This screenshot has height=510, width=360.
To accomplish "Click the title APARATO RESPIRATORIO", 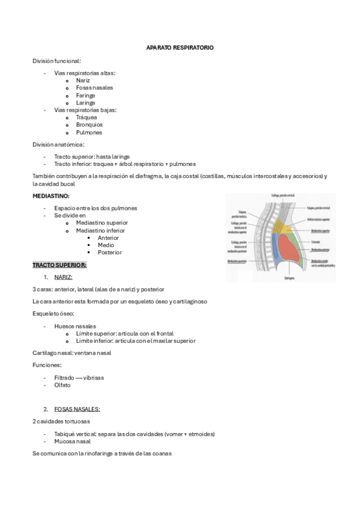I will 180,47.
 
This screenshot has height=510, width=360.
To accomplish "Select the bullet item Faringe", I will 85,95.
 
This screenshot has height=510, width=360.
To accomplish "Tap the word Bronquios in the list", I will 90,124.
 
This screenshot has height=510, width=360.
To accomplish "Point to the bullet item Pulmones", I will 89,132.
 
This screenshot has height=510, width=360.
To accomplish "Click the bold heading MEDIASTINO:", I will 51,196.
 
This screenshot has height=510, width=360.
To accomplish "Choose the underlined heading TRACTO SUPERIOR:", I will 59,265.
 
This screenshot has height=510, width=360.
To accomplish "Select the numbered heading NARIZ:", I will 63,277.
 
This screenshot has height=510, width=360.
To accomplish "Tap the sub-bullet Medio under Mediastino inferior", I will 106,245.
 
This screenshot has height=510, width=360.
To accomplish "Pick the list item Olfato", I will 63,385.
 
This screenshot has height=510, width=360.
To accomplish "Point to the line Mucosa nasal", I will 73,441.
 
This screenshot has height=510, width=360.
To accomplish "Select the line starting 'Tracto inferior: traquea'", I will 124,164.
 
